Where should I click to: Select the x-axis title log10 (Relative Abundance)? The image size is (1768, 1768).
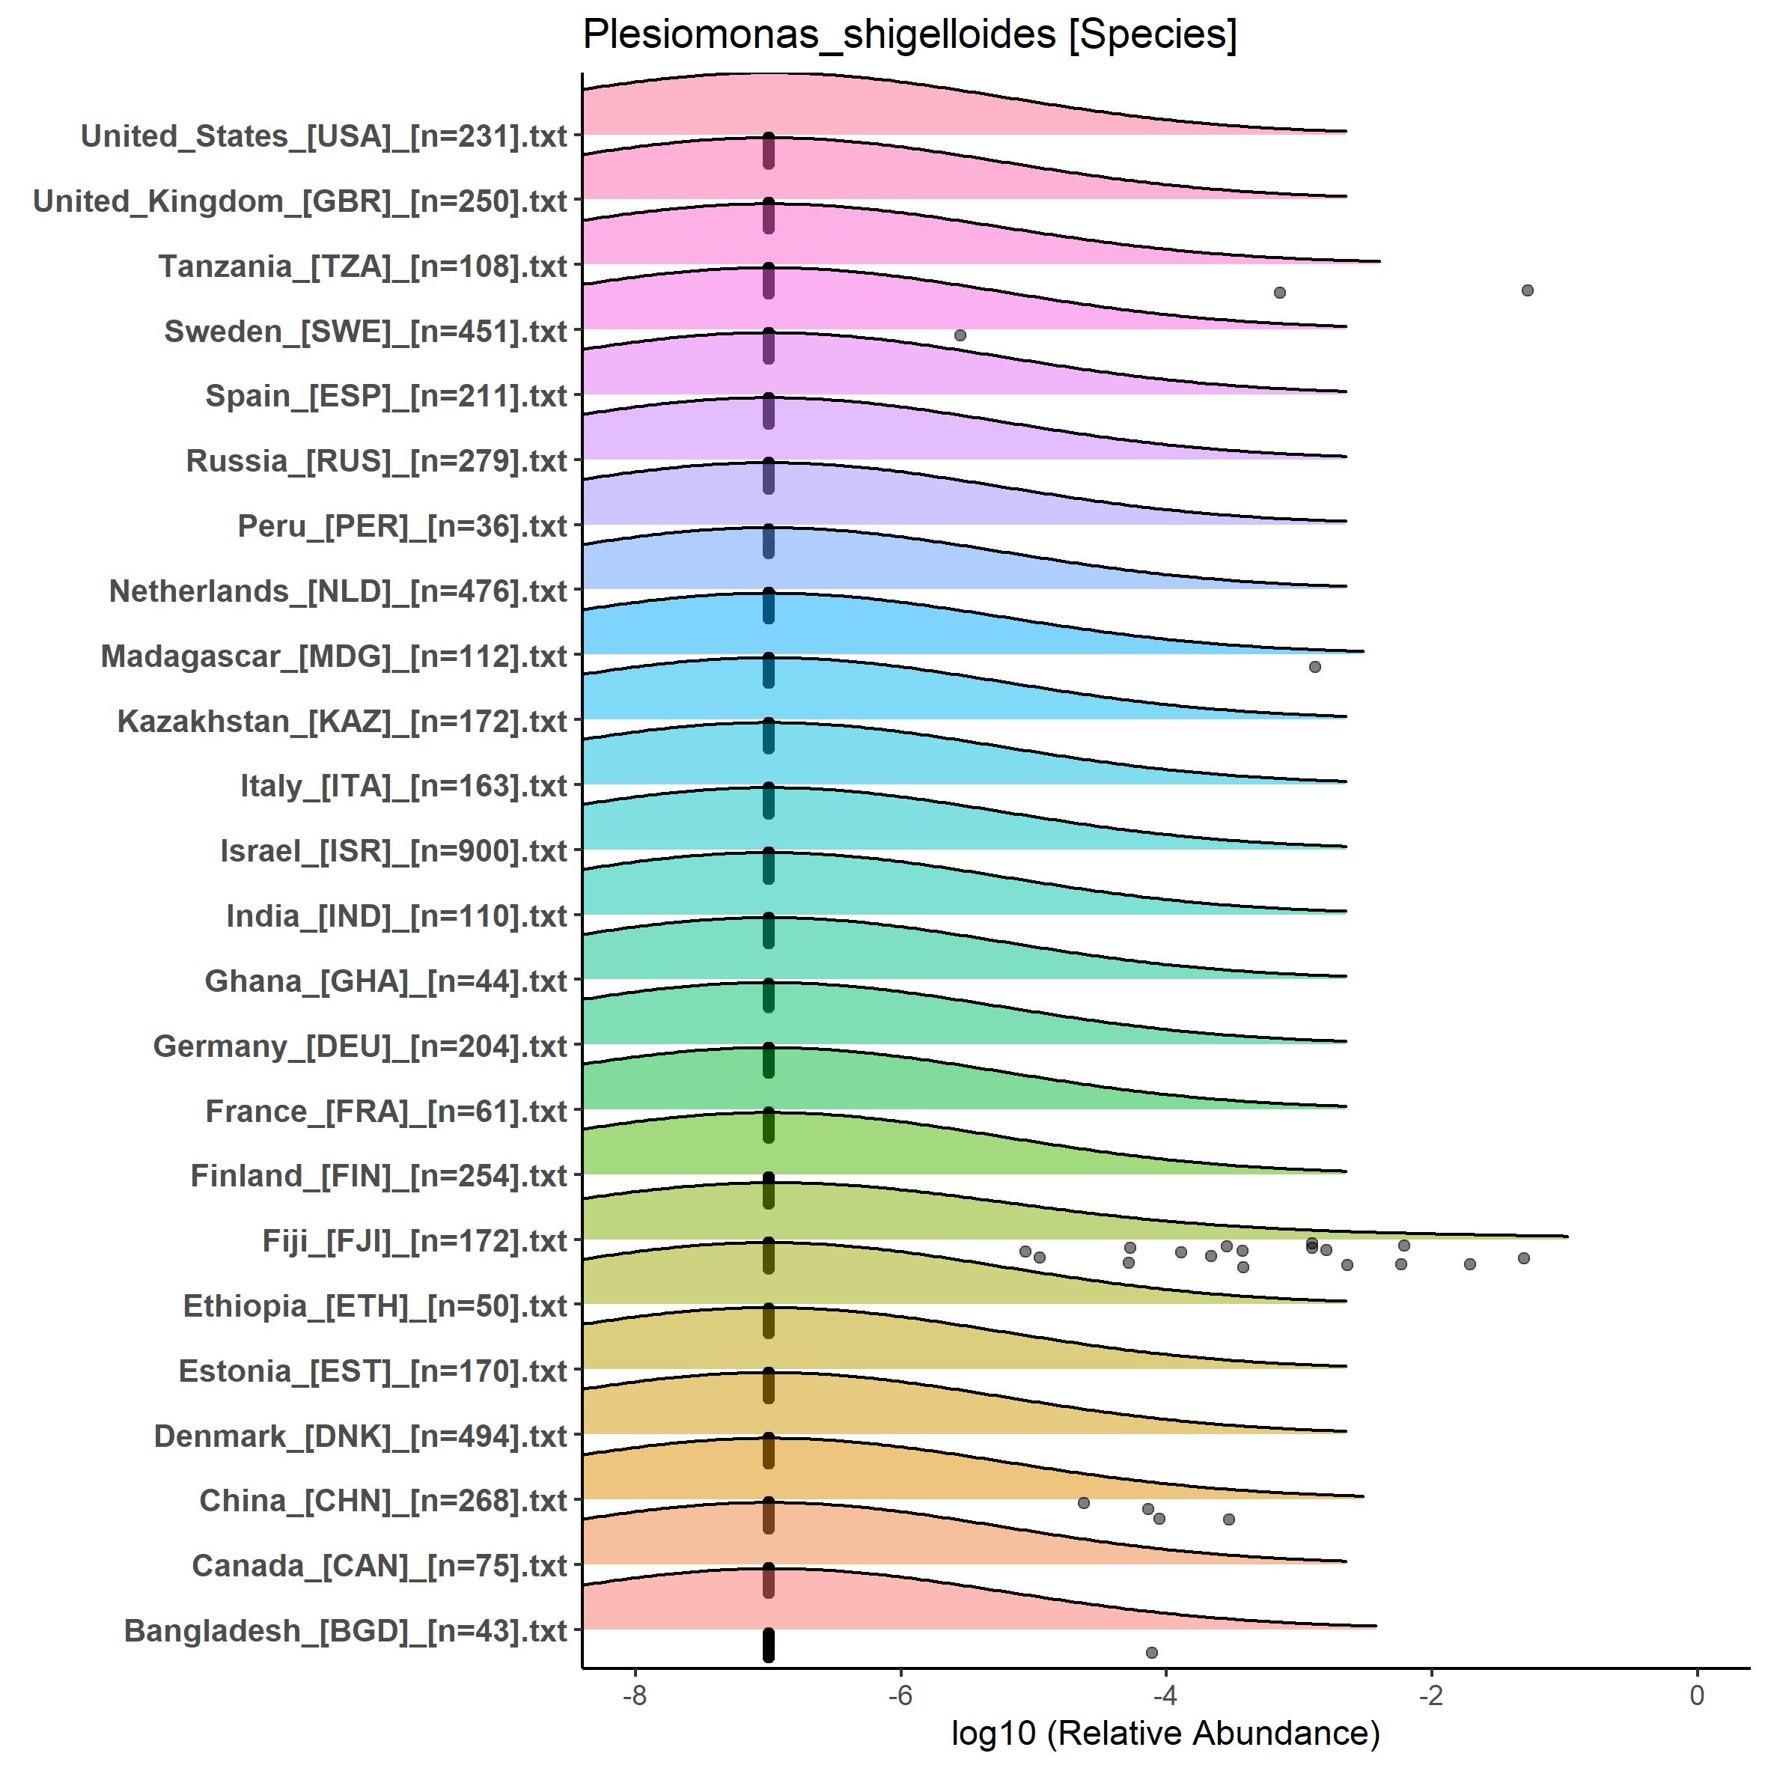pyautogui.click(x=1165, y=1734)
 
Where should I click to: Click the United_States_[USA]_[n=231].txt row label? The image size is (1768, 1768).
pyautogui.click(x=324, y=136)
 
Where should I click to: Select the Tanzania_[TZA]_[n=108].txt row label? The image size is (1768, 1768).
pyautogui.click(x=363, y=266)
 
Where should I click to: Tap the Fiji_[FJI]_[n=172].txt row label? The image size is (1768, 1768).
pyautogui.click(x=415, y=1241)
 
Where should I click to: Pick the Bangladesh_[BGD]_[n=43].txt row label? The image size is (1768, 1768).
pyautogui.click(x=346, y=1631)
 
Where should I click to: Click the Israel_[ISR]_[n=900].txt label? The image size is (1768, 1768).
pyautogui.click(x=394, y=851)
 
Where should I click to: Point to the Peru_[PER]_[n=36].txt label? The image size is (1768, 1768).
pyautogui.click(x=403, y=526)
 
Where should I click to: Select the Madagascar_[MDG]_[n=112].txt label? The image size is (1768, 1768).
pyautogui.click(x=334, y=656)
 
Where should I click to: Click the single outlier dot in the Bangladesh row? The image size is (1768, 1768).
pyautogui.click(x=1151, y=1653)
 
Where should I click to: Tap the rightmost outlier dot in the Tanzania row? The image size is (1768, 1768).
pyautogui.click(x=1527, y=290)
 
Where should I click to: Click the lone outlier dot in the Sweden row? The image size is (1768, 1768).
pyautogui.click(x=960, y=335)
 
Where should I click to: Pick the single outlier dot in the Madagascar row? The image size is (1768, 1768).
pyautogui.click(x=1315, y=667)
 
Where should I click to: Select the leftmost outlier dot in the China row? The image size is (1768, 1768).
pyautogui.click(x=1084, y=1502)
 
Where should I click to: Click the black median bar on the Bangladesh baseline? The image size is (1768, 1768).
pyautogui.click(x=769, y=1644)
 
